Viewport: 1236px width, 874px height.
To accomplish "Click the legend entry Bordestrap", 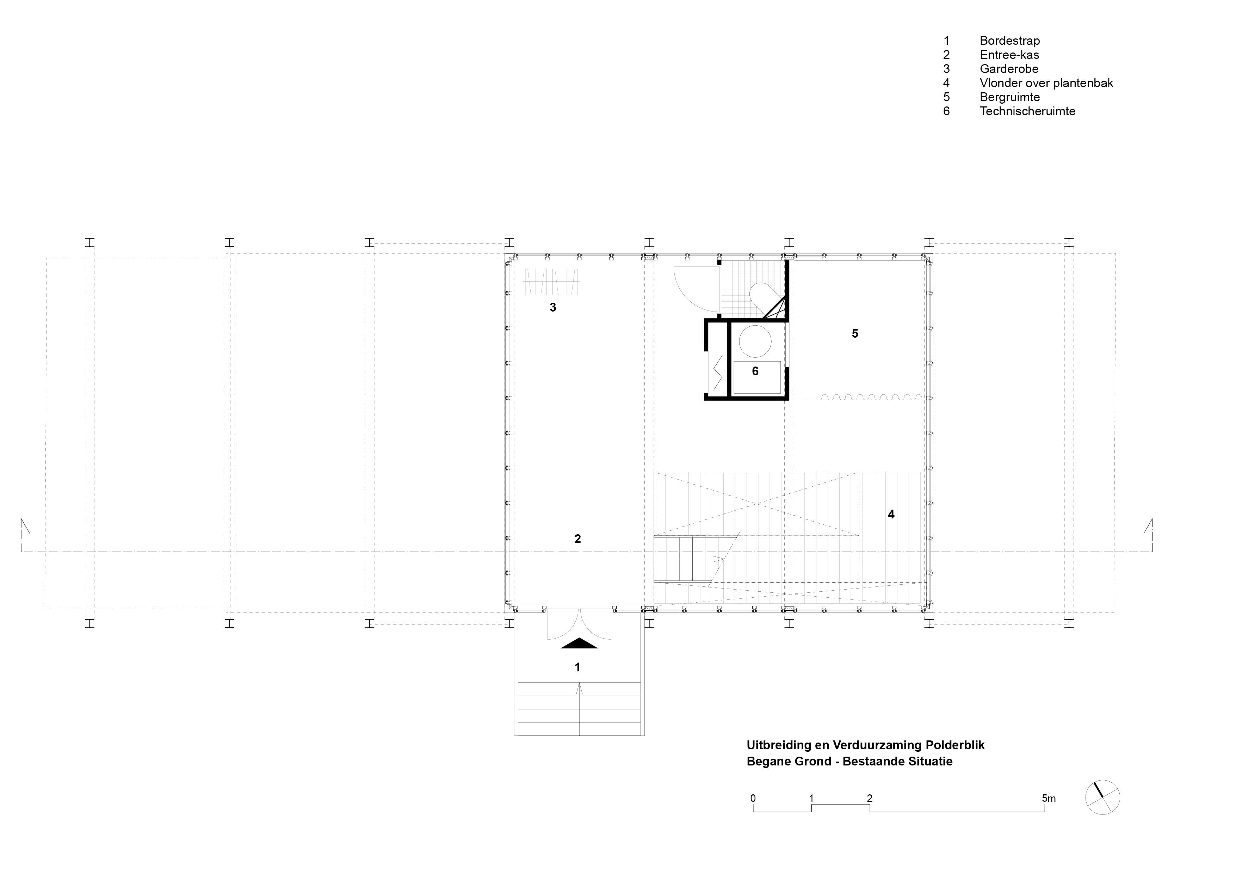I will click(x=1009, y=41).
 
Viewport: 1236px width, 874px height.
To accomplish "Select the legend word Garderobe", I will click(x=1009, y=69).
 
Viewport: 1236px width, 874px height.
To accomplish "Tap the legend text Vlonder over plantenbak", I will click(x=1046, y=83).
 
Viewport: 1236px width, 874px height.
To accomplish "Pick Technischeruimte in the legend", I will click(x=1027, y=111).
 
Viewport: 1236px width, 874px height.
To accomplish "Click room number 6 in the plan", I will click(x=755, y=371).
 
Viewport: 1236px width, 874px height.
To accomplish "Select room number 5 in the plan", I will click(x=855, y=334).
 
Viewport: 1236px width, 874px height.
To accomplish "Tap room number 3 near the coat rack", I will click(x=552, y=308).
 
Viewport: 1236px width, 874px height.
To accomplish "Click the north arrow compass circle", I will click(x=1102, y=797).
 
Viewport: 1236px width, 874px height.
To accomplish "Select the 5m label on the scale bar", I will click(x=1049, y=798).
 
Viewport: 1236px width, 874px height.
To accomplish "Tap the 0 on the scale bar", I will click(x=753, y=798).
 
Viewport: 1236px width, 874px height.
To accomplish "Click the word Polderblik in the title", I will click(x=955, y=745).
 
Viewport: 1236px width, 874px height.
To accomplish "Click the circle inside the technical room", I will click(x=755, y=341).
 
